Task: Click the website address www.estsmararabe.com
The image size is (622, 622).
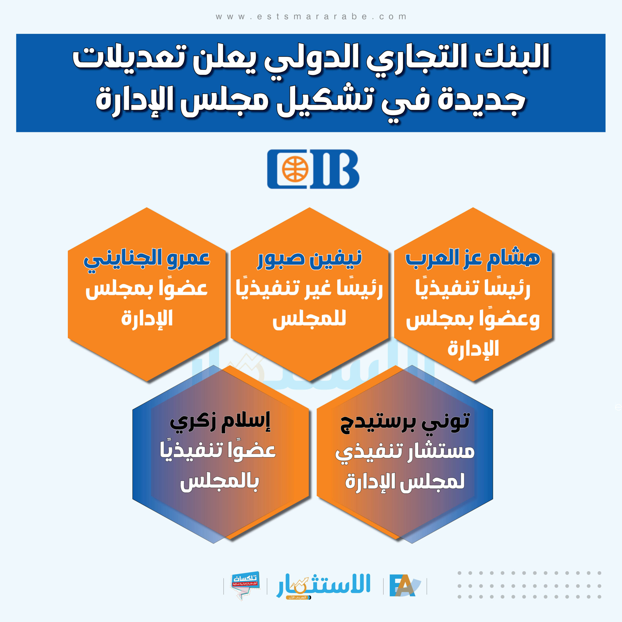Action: [311, 17]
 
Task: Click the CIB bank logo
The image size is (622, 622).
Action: [313, 169]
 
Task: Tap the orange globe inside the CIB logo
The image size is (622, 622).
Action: [295, 169]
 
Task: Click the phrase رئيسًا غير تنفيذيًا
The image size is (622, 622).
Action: [309, 289]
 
